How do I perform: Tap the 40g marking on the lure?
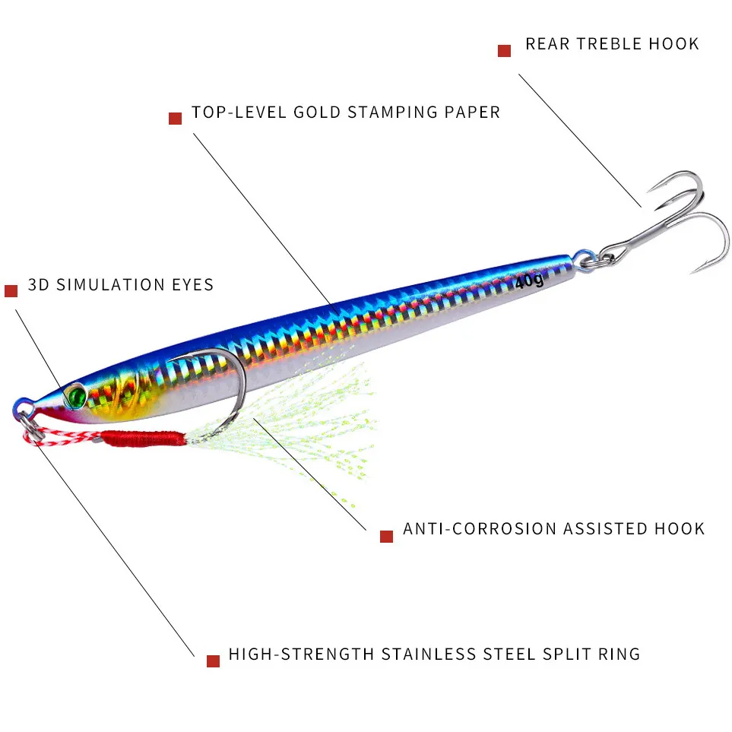[529, 281]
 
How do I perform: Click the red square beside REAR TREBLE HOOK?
[504, 51]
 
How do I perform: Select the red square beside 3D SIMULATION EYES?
[11, 291]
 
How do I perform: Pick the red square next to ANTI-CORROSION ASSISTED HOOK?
[386, 536]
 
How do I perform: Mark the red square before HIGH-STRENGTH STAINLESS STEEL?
[213, 661]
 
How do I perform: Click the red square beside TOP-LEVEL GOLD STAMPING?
[175, 119]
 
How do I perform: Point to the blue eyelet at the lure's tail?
[582, 258]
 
